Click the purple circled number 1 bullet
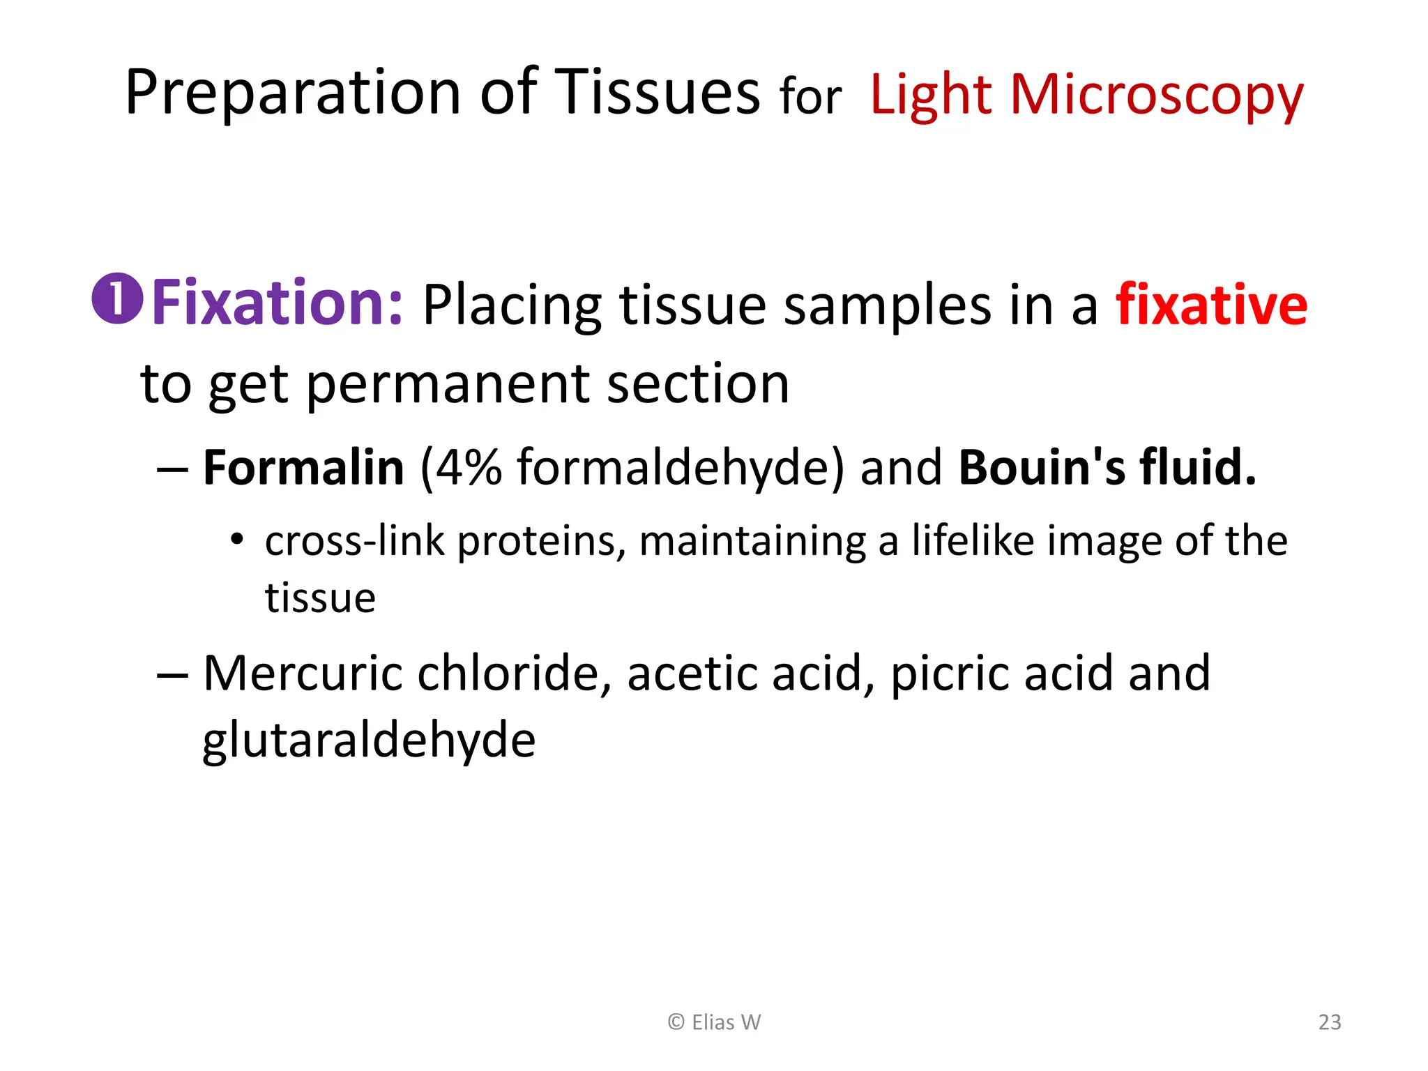coord(117,298)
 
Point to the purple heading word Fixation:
coord(277,303)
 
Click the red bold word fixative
coord(1211,305)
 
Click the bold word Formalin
coord(303,467)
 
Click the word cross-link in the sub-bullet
coord(354,541)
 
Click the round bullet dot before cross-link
coord(237,539)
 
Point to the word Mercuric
coord(302,674)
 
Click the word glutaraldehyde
coord(369,740)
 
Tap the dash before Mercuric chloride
coord(172,675)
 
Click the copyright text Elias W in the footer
coord(715,1022)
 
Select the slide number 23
coord(1330,1022)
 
